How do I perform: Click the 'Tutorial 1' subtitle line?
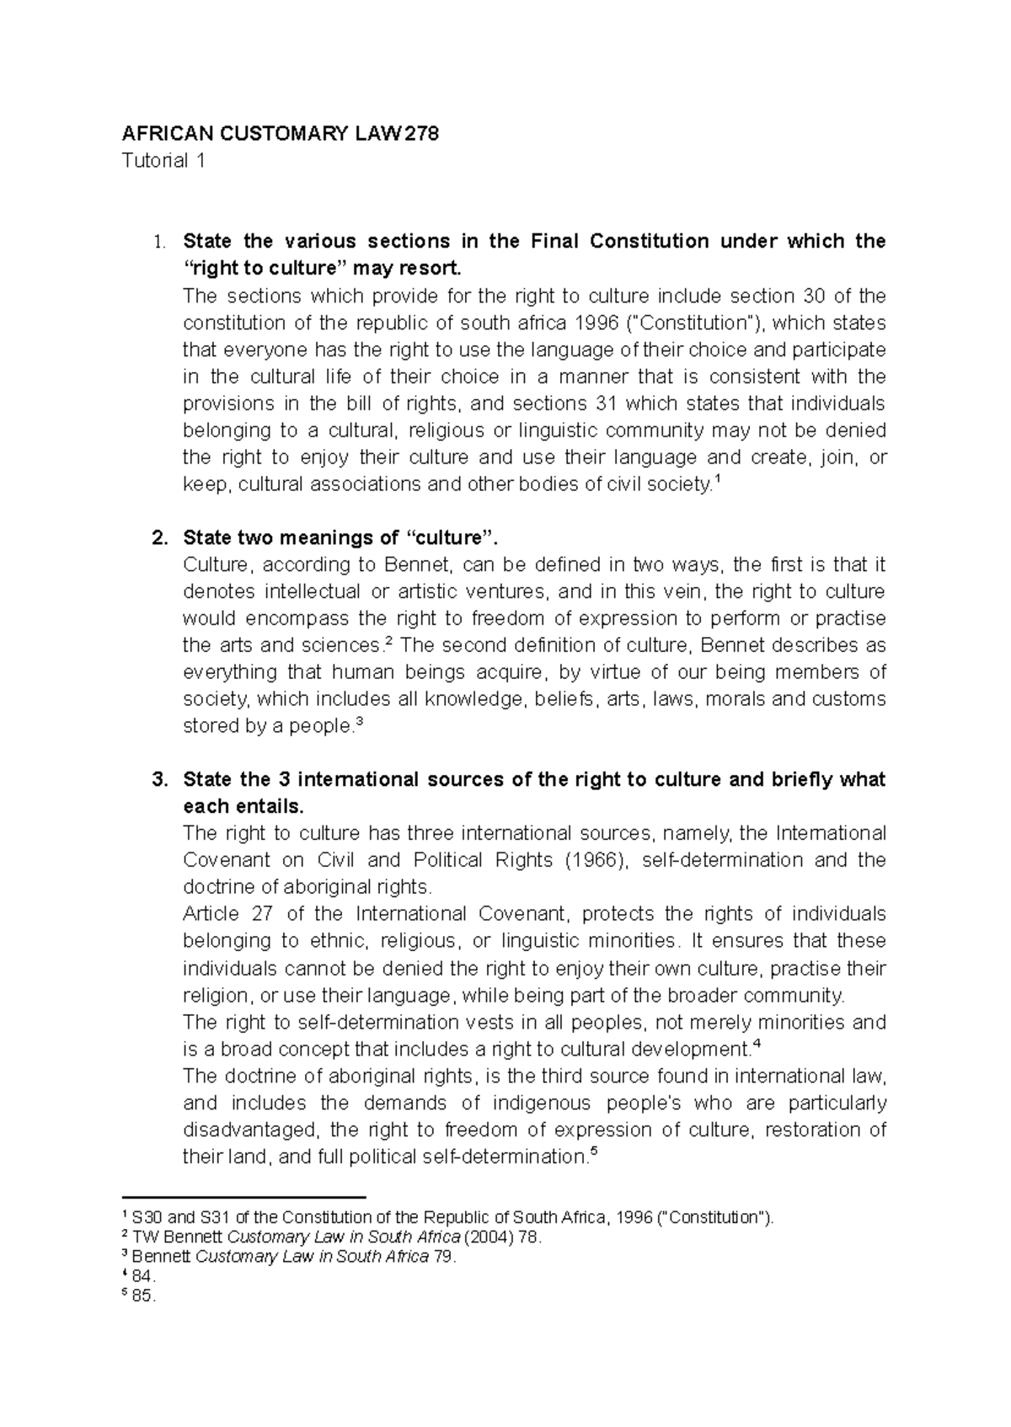tap(163, 161)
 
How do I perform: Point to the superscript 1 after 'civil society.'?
tap(716, 480)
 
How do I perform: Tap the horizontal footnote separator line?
tap(243, 1196)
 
